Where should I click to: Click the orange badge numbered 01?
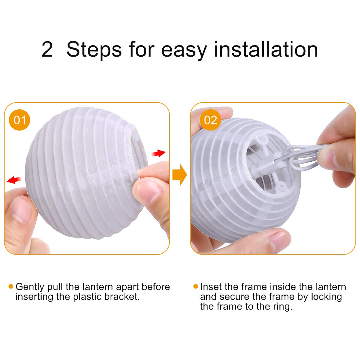point(20,120)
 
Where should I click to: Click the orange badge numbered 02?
point(210,120)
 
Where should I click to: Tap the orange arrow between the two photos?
point(180,175)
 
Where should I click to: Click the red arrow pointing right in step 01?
point(159,153)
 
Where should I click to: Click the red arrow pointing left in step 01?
point(14,180)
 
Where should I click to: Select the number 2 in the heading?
point(47,49)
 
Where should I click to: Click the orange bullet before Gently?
point(11,286)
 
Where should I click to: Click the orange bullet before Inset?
point(196,286)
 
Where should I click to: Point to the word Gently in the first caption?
point(30,287)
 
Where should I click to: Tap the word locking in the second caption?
point(327,297)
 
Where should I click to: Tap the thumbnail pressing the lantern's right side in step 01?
point(148,192)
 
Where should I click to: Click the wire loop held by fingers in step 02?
point(303,156)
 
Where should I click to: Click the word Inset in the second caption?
point(211,287)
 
